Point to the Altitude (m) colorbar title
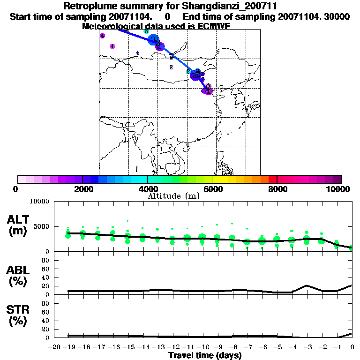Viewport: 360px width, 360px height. (x=173, y=196)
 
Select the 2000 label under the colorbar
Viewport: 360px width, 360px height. (x=82, y=189)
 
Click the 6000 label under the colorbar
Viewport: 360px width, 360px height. (x=212, y=189)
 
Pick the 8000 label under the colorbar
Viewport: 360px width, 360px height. (x=277, y=189)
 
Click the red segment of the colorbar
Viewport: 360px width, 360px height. (x=272, y=179)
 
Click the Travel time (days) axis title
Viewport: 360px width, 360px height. (x=205, y=356)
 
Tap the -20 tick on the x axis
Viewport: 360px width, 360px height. (x=55, y=347)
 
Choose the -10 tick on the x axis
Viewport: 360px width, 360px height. (x=203, y=347)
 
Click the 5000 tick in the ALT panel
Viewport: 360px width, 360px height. (x=41, y=227)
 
